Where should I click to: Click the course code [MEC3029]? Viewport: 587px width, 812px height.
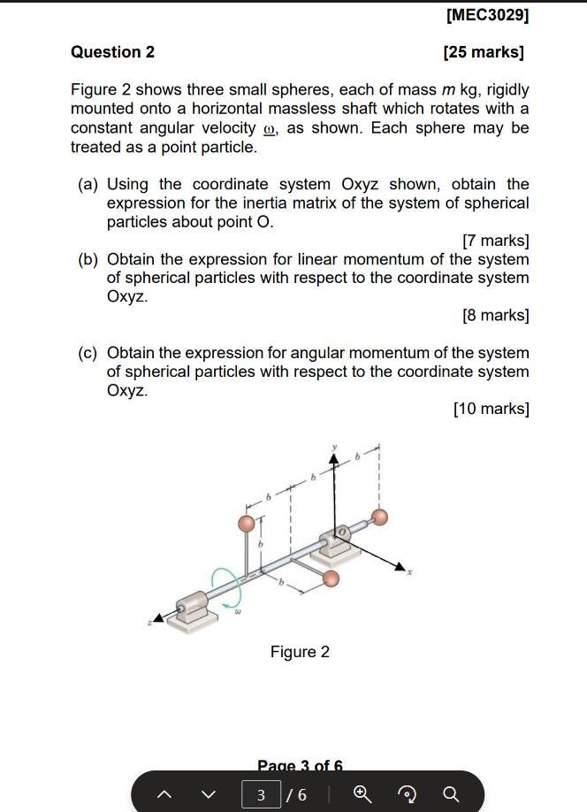point(488,15)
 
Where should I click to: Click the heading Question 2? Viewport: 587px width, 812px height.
point(112,52)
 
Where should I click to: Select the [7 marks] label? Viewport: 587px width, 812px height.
point(496,241)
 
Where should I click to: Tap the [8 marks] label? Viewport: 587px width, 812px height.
point(496,315)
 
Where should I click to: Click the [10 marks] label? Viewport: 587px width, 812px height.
point(492,409)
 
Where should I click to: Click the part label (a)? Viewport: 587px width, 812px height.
point(88,185)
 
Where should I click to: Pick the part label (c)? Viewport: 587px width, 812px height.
point(88,353)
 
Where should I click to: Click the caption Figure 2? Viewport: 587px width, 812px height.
point(300,652)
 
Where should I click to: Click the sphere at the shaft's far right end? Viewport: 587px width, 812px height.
point(379,517)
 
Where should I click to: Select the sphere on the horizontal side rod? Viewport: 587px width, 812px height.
point(331,578)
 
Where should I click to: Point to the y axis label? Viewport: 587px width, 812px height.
point(334,448)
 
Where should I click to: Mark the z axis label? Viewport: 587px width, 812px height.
point(149,623)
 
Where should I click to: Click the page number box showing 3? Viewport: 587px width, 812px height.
point(262,794)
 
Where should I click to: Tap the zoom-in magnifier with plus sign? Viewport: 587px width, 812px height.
point(360,794)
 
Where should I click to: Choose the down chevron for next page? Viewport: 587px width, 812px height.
point(208,794)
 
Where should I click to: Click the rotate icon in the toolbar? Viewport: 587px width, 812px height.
point(405,794)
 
